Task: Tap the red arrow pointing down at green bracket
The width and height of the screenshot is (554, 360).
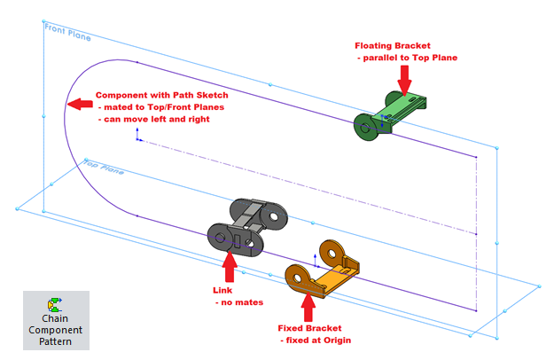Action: tap(405, 82)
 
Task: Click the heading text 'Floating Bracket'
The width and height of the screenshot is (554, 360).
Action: tap(394, 45)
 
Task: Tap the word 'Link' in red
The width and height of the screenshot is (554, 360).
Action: tap(222, 291)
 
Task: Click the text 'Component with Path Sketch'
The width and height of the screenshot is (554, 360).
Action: tap(161, 96)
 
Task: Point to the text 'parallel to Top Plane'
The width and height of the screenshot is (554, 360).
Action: tap(409, 59)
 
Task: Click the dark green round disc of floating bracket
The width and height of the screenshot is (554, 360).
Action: tap(364, 128)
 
